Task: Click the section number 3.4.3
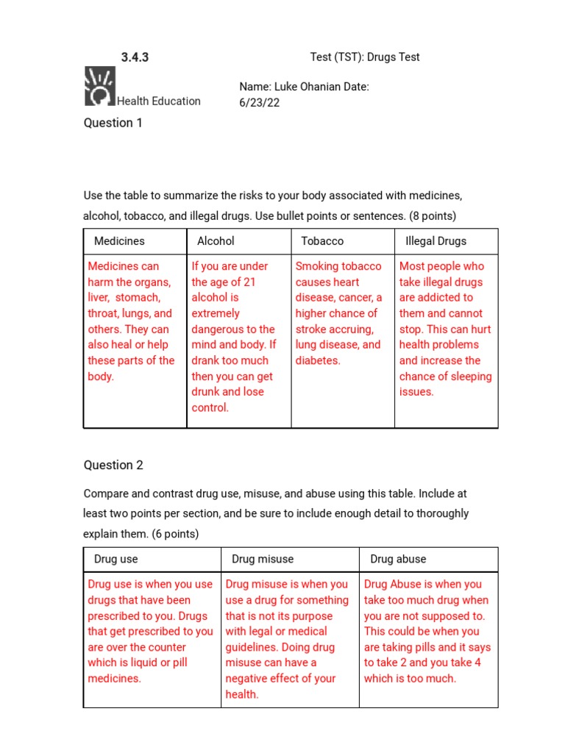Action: (135, 57)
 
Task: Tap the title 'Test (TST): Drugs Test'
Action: (365, 57)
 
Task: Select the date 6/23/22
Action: (260, 103)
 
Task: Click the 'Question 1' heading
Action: (113, 123)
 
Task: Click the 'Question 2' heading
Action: (113, 465)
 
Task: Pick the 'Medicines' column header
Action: (119, 241)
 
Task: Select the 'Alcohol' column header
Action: (216, 241)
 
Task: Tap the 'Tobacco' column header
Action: (322, 241)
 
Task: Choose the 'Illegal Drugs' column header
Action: (436, 241)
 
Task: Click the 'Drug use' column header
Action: (116, 559)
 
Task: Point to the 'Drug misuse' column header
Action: (263, 559)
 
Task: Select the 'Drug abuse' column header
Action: (398, 559)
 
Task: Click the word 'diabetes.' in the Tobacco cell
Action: (318, 360)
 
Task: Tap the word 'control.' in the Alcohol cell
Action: (210, 407)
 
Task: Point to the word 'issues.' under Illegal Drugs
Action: (416, 392)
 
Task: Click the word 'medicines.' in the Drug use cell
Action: (114, 679)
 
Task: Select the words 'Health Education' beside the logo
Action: (158, 101)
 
